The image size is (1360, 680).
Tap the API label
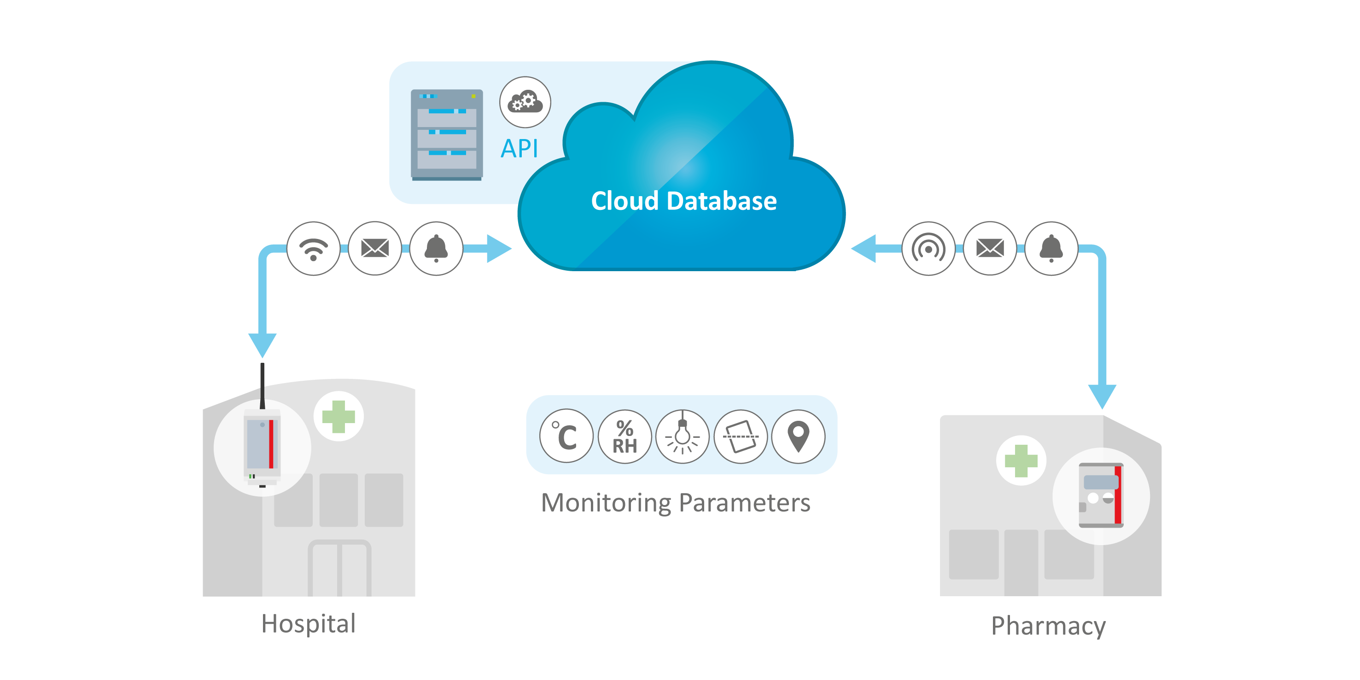pyautogui.click(x=519, y=148)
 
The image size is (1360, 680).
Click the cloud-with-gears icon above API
pyautogui.click(x=525, y=102)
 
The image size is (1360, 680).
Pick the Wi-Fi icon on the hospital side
pyautogui.click(x=314, y=248)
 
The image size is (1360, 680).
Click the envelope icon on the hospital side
pyautogui.click(x=375, y=248)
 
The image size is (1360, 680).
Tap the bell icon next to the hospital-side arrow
pyautogui.click(x=436, y=248)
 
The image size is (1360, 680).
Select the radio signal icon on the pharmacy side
pyautogui.click(x=928, y=248)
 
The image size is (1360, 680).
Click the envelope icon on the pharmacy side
pyautogui.click(x=990, y=248)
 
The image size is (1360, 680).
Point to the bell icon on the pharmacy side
pyautogui.click(x=1051, y=248)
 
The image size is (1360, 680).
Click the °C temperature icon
pyautogui.click(x=566, y=436)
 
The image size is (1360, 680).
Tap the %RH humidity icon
pyautogui.click(x=625, y=436)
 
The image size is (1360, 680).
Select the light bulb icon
pyautogui.click(x=682, y=436)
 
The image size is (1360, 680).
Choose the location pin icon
pyautogui.click(x=798, y=436)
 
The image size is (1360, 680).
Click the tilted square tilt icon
pyautogui.click(x=740, y=436)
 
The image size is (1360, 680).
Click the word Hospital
pyautogui.click(x=309, y=623)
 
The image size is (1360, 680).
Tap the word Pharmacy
pyautogui.click(x=1048, y=626)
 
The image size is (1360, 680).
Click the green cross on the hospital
pyautogui.click(x=339, y=417)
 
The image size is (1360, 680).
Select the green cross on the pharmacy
pyautogui.click(x=1021, y=460)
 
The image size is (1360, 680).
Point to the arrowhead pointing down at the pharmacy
pyautogui.click(x=1102, y=396)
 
